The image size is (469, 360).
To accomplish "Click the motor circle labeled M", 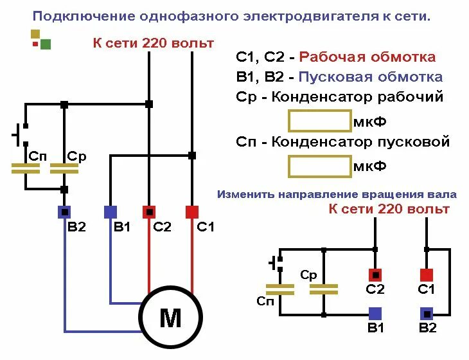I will pyautogui.click(x=171, y=318).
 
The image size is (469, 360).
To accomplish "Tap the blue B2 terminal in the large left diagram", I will pyautogui.click(x=64, y=212).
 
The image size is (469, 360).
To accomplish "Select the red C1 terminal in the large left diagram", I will pyautogui.click(x=192, y=212).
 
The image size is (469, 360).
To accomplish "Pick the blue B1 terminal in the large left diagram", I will pyautogui.click(x=110, y=212).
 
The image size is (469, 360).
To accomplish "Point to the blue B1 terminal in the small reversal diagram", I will pyautogui.click(x=375, y=313).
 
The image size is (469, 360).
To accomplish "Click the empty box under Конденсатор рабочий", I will pyautogui.click(x=319, y=121).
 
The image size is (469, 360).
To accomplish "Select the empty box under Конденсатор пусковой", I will pyautogui.click(x=319, y=166).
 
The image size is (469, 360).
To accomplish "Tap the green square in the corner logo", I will pyautogui.click(x=45, y=44).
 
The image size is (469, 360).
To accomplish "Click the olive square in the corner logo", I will pyautogui.click(x=35, y=33).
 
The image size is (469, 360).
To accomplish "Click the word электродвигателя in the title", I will pyautogui.click(x=293, y=16).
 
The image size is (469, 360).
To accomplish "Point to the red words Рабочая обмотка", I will pyautogui.click(x=367, y=57).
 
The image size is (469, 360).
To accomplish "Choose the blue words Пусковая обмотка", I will pyautogui.click(x=371, y=77).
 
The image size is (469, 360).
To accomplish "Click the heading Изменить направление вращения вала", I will pyautogui.click(x=337, y=194).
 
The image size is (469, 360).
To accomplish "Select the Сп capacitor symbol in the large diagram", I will pyautogui.click(x=26, y=168).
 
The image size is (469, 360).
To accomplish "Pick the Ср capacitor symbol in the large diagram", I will pyautogui.click(x=64, y=168).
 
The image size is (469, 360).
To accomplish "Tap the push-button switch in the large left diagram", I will pyautogui.click(x=21, y=135).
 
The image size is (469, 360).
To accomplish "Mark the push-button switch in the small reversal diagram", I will pyautogui.click(x=277, y=263).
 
